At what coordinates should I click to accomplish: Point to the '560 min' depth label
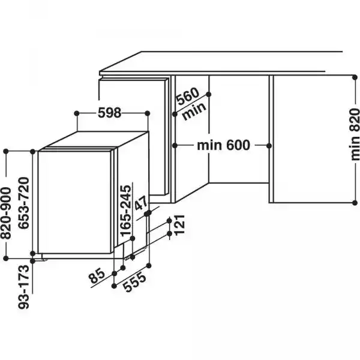[x=190, y=104]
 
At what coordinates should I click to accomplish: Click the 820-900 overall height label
[x=8, y=207]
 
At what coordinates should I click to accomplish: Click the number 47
[x=142, y=204]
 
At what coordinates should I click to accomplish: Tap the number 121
[x=179, y=226]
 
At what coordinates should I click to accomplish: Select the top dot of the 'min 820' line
[x=353, y=76]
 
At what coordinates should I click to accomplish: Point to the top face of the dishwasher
[x=96, y=141]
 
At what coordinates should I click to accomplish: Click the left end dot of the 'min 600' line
[x=172, y=145]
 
